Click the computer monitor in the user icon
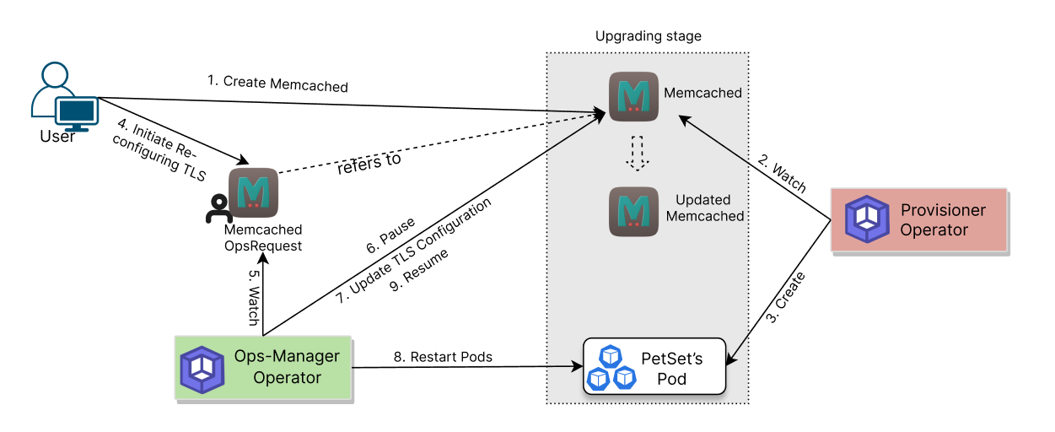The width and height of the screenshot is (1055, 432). coord(77,111)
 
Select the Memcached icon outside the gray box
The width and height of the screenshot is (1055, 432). coord(253,193)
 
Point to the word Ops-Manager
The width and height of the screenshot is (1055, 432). coord(287,356)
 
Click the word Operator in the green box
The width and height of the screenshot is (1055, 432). coord(287,378)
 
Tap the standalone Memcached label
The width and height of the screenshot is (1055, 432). coord(702,93)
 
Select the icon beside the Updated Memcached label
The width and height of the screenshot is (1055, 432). coord(633,211)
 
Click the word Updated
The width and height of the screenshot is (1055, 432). coord(702,200)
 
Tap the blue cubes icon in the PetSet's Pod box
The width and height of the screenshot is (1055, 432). coord(611,368)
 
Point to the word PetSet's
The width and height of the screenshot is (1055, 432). coord(671,358)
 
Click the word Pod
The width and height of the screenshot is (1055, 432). coord(671,379)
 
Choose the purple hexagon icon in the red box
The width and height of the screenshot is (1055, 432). coord(868,219)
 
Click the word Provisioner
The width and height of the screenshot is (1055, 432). coord(942,210)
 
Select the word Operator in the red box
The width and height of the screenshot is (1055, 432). coord(934,230)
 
